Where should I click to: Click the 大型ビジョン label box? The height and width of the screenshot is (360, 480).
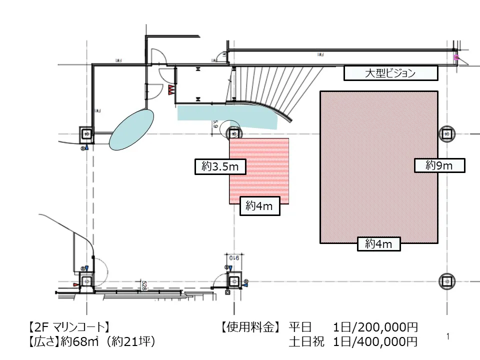(390, 73)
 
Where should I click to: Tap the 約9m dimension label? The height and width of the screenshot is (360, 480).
(439, 165)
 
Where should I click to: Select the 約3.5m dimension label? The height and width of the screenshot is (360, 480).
(220, 167)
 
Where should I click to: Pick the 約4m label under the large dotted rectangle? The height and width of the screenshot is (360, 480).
(379, 244)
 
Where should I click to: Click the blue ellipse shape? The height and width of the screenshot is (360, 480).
(131, 129)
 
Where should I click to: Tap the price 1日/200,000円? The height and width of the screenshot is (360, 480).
(375, 328)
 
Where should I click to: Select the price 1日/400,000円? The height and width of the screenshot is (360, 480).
(375, 342)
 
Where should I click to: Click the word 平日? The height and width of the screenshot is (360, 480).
(300, 328)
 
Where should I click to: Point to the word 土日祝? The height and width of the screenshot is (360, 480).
(306, 342)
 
